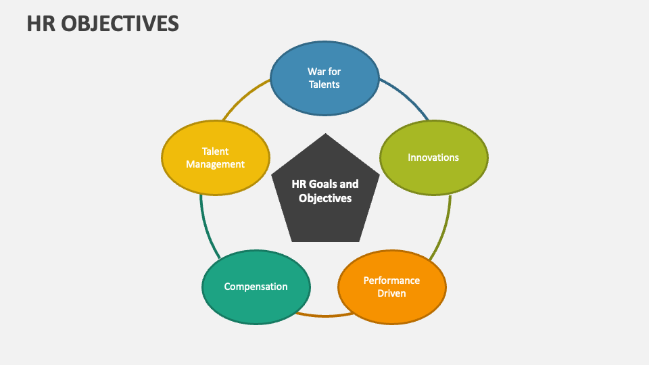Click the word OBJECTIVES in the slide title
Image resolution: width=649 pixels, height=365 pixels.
(x=122, y=23)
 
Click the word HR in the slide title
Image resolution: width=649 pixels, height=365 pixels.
(x=41, y=23)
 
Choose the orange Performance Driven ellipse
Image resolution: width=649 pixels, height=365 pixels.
(x=391, y=304)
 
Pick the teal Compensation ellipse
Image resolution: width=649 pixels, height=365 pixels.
(x=256, y=304)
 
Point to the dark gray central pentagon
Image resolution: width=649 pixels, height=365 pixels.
(x=324, y=216)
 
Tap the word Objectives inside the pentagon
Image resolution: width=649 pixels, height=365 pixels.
(x=325, y=199)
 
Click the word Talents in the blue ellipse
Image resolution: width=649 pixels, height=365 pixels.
(x=324, y=84)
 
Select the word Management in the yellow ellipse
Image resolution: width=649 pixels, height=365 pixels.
(x=215, y=164)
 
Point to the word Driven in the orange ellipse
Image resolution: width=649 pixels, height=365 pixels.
(x=391, y=293)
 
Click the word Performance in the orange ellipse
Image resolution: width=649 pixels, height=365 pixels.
(x=391, y=280)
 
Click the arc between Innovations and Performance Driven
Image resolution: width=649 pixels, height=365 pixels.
(x=443, y=230)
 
